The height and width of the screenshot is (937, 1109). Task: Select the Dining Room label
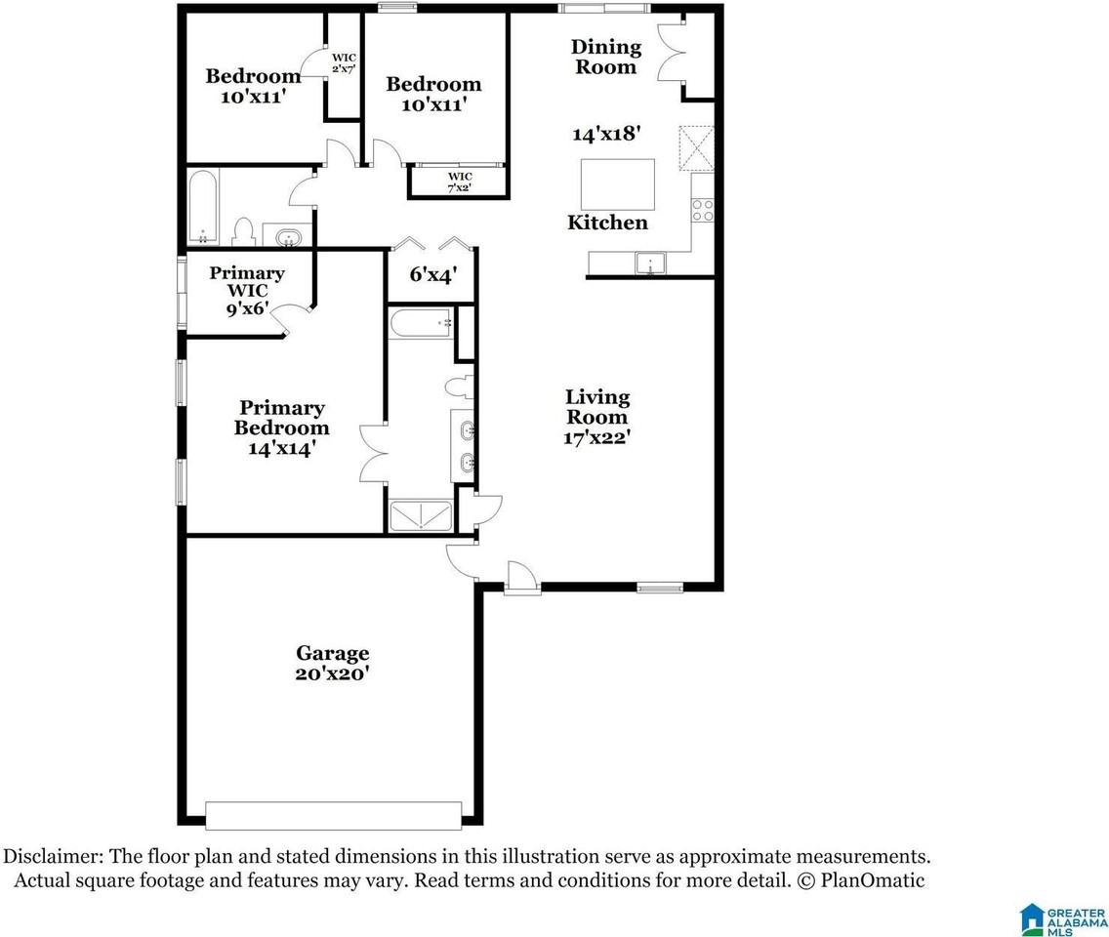pyautogui.click(x=606, y=57)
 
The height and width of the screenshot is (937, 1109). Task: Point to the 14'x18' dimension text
pyautogui.click(x=606, y=133)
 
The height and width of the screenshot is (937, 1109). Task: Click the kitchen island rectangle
pyautogui.click(x=617, y=183)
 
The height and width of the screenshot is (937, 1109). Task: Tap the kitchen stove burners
pyautogui.click(x=702, y=210)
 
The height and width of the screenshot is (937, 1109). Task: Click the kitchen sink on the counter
pyautogui.click(x=650, y=264)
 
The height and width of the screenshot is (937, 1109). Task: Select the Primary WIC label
pyautogui.click(x=247, y=291)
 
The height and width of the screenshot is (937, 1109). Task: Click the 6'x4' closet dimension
pyautogui.click(x=432, y=273)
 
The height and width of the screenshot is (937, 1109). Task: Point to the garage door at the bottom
pyautogui.click(x=334, y=815)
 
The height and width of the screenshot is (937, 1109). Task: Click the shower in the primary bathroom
pyautogui.click(x=421, y=515)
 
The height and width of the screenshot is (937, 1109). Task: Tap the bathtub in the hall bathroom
pyautogui.click(x=203, y=207)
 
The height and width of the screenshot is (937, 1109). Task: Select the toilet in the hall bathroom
pyautogui.click(x=243, y=231)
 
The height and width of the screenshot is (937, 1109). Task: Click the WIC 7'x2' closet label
pyautogui.click(x=460, y=182)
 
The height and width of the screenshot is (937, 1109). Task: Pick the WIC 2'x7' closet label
pyautogui.click(x=344, y=62)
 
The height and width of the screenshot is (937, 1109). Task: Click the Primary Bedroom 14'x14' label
pyautogui.click(x=281, y=428)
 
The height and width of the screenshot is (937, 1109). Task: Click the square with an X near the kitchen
pyautogui.click(x=697, y=147)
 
